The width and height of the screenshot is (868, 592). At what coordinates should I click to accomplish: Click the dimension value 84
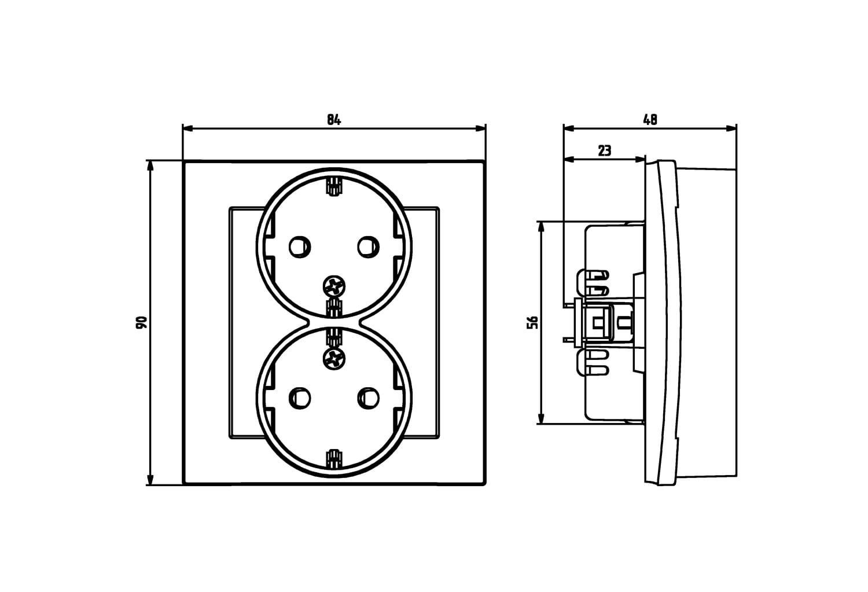pos(334,120)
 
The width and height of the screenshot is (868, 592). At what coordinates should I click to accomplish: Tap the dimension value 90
pos(142,322)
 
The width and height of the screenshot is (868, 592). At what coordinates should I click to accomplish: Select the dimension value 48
pos(650,120)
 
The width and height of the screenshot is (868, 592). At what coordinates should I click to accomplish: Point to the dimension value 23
pos(605,150)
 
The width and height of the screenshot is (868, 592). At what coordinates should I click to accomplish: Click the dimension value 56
pos(533,322)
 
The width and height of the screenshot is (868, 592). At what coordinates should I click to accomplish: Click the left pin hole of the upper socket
pos(300,247)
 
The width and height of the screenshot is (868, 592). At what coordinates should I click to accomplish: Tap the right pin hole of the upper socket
pos(368,247)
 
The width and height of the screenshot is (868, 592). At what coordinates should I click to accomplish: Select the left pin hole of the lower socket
pos(300,398)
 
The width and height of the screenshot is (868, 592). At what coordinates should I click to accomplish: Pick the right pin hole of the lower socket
pos(368,398)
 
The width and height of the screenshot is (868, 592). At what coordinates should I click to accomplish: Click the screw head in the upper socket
pos(334,287)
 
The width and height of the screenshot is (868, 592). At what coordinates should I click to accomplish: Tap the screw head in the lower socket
pos(334,359)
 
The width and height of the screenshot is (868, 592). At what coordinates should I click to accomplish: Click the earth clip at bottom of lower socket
pos(334,458)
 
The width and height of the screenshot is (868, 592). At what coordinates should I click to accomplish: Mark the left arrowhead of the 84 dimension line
pos(188,128)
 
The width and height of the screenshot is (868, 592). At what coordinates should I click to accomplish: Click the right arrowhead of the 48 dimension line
pos(731,128)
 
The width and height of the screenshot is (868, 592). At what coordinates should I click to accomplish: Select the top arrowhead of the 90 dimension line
pos(150,166)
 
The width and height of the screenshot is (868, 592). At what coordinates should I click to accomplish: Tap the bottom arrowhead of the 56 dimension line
pos(541,418)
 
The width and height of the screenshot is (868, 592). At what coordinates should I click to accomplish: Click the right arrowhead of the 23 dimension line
pos(640,159)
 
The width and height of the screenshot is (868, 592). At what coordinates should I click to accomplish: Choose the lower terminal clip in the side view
pos(593,362)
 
